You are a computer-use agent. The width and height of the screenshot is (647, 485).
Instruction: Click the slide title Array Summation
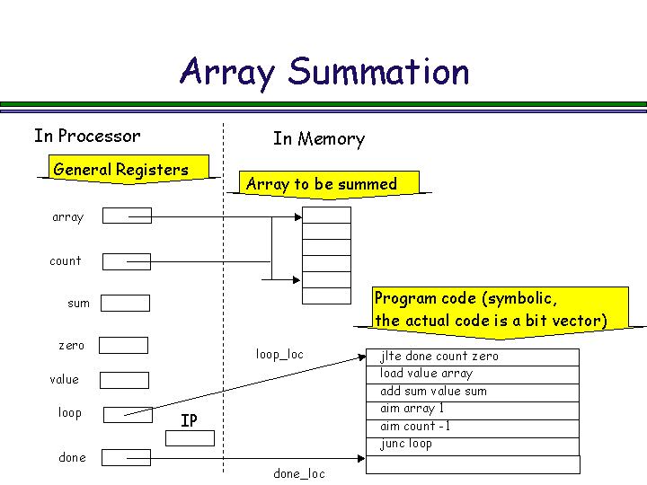coord(324,72)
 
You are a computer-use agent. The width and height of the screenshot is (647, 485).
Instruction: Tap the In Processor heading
coord(87,136)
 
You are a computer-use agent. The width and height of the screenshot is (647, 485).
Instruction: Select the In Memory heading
coord(319,138)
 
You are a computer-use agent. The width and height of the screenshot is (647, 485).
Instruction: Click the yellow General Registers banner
coord(121,170)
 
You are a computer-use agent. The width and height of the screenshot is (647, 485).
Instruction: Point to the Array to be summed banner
coord(322,184)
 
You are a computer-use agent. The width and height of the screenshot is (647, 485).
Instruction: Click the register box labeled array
coord(127,216)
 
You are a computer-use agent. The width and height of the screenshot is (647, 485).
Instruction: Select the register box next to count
coord(127,261)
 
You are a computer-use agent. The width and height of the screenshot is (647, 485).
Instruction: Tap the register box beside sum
coord(125,304)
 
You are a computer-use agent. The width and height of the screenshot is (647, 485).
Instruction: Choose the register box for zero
coord(123,345)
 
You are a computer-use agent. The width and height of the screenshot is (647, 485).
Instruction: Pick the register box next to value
coord(124,380)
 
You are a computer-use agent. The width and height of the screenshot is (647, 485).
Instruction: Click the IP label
coord(189,420)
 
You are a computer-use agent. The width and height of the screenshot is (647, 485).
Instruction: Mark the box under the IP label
coord(191,438)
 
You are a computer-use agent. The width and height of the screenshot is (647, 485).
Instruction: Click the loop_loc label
coord(280,354)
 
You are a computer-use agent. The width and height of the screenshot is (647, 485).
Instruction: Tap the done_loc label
coord(299,473)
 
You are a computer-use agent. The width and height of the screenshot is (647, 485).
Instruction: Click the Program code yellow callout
coord(490,310)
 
